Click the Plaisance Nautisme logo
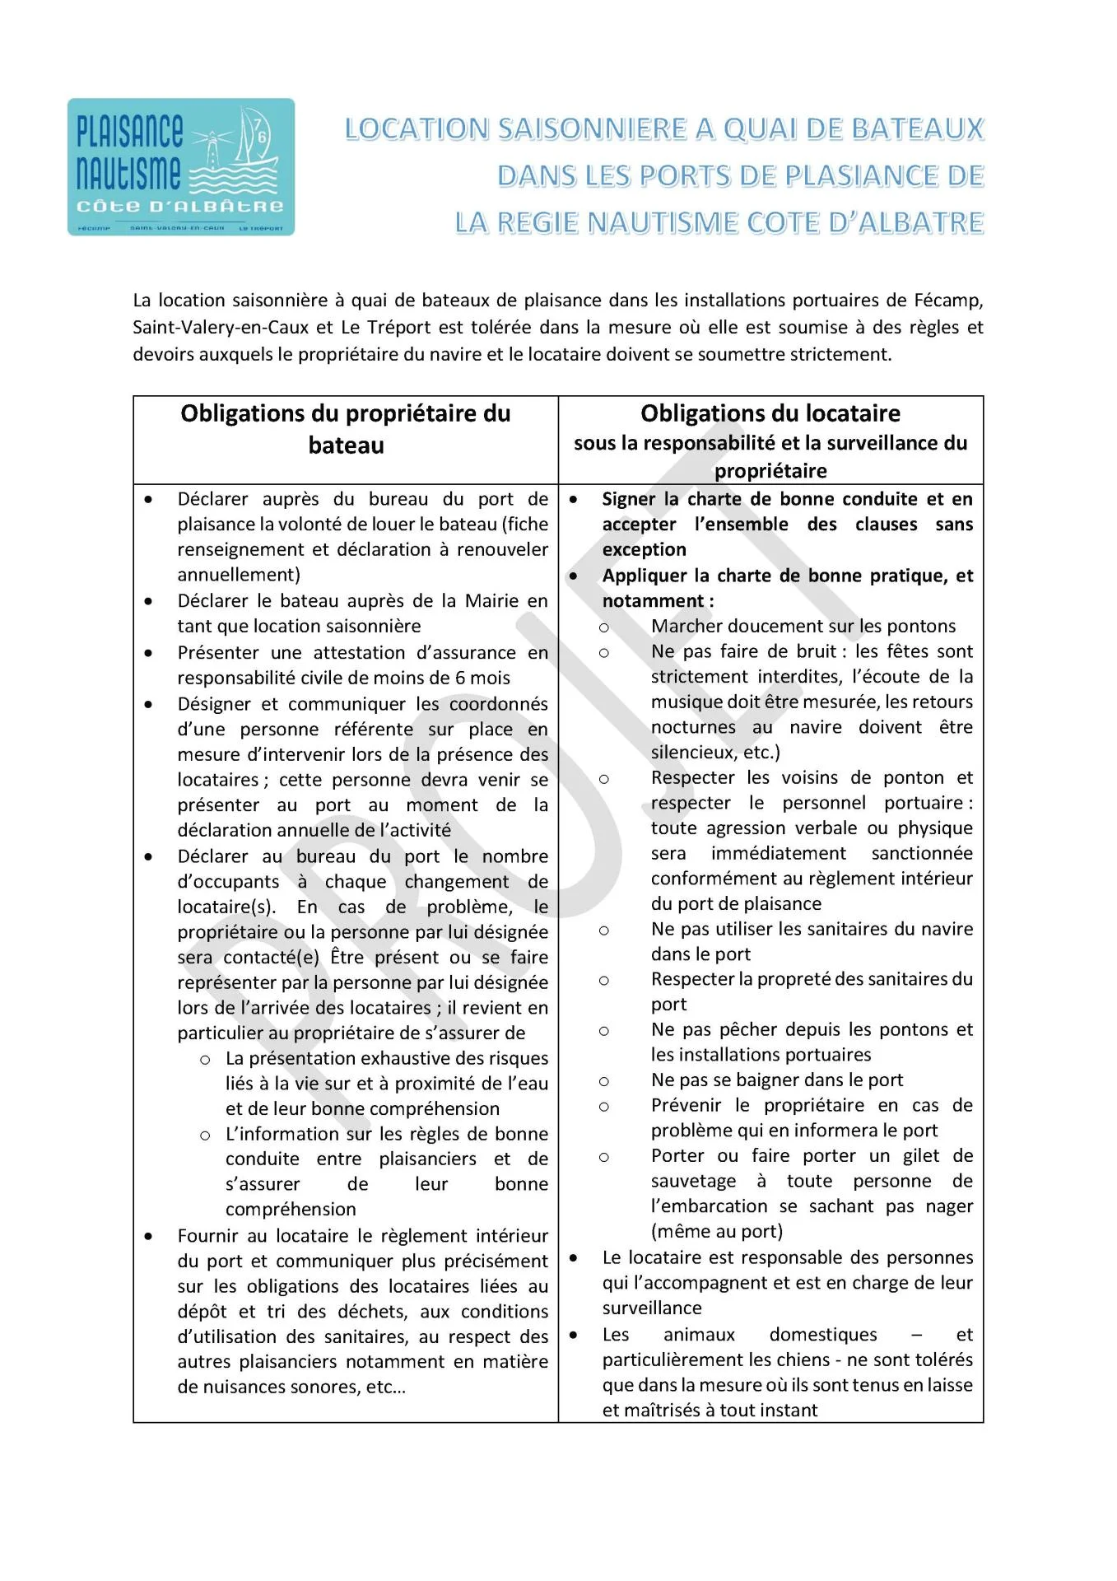tap(181, 167)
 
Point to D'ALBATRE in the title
tap(904, 223)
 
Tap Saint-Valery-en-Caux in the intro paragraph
tap(221, 328)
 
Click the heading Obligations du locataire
tap(770, 413)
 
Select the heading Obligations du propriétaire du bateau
tap(346, 429)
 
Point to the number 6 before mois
tap(459, 678)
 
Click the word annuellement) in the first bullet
tap(239, 575)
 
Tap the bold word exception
tap(644, 550)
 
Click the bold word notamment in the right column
tap(654, 601)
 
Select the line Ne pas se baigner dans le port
tap(776, 1080)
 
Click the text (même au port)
tap(716, 1232)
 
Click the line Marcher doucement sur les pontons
tap(803, 627)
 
